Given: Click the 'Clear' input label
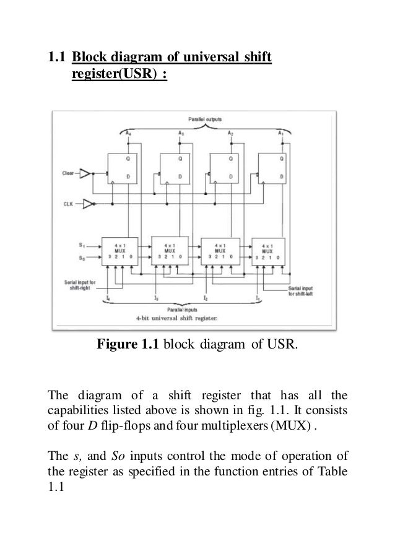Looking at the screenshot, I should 69,175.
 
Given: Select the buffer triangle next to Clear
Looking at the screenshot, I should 86,175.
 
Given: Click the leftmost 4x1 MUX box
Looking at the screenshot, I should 121,251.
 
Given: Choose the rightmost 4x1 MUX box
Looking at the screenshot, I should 267,251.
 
